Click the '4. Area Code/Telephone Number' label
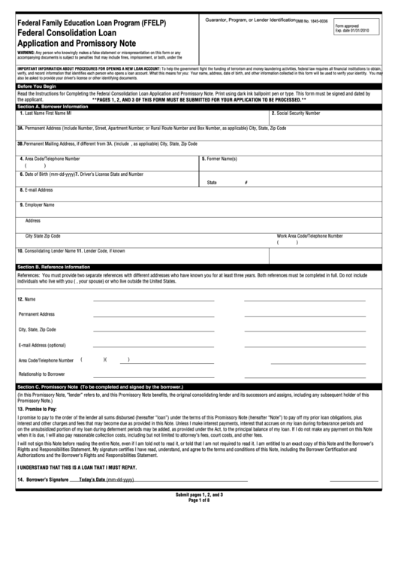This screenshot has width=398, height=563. click(50, 159)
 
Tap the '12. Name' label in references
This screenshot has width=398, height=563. click(26, 299)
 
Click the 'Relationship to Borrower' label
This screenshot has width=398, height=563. click(41, 374)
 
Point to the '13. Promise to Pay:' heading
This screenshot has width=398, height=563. click(37, 408)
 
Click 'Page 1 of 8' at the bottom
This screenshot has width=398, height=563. click(199, 522)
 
